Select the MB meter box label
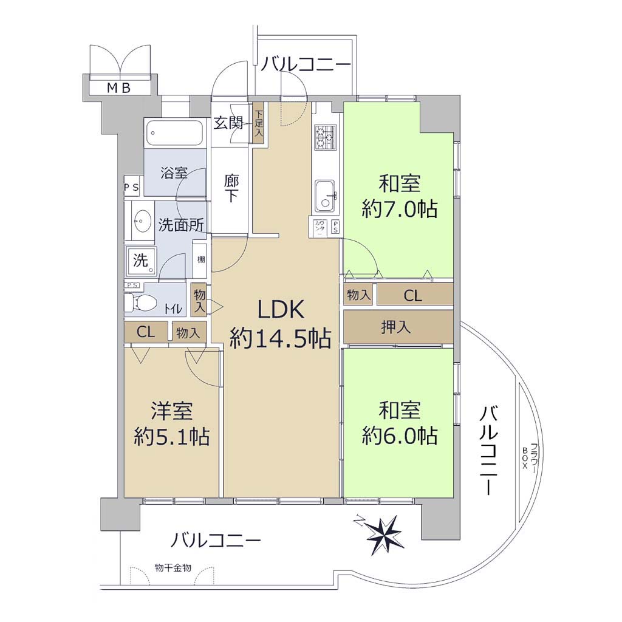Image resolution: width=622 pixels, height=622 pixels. click(118, 88)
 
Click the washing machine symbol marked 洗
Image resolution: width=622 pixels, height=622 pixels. click(142, 260)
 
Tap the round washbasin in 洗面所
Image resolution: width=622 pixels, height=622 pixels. click(142, 220)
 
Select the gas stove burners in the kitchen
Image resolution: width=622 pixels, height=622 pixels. click(326, 137)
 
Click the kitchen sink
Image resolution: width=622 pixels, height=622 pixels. click(325, 196)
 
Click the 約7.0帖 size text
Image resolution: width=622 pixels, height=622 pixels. click(400, 208)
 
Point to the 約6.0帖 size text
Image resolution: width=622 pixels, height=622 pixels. click(400, 436)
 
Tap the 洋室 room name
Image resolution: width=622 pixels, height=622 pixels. click(171, 411)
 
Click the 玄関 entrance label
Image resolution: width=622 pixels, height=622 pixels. click(228, 123)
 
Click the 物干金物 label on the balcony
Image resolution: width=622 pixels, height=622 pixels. click(173, 568)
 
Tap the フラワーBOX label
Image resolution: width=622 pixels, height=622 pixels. click(529, 456)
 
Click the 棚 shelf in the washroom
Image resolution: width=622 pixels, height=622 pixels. click(201, 260)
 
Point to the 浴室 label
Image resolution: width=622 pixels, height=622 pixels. click(174, 173)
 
